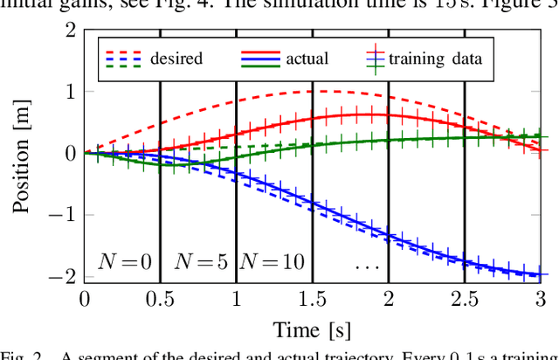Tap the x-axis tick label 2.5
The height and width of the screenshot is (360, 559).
[x=464, y=300]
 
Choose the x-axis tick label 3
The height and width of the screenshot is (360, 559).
[x=540, y=300]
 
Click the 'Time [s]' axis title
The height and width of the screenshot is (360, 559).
[x=312, y=330]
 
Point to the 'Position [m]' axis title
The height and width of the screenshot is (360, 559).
[x=25, y=154]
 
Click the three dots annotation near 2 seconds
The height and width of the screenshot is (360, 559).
[x=367, y=262]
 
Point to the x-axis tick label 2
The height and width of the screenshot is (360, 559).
[x=388, y=300]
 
